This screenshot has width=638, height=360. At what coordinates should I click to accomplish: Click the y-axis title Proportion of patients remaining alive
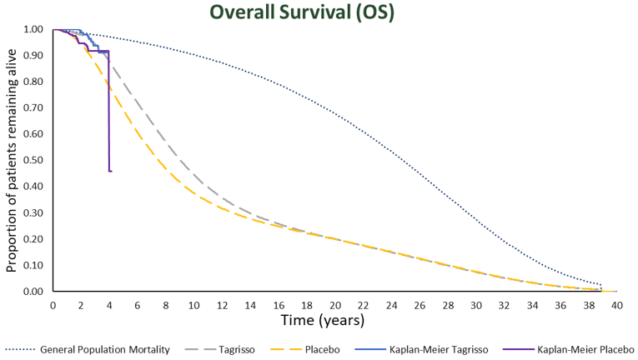[x=12, y=160]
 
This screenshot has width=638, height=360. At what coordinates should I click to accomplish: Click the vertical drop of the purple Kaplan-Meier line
[x=108, y=117]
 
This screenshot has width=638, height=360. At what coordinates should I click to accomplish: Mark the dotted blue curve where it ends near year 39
[x=601, y=285]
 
